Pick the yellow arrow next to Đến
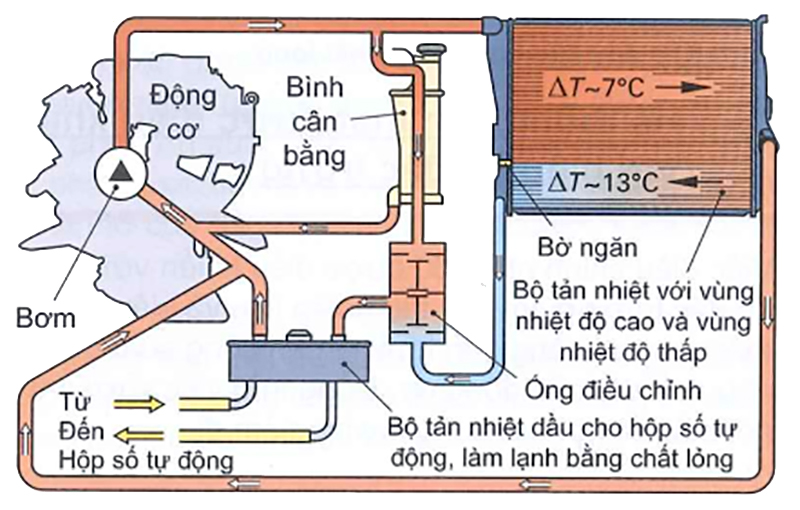pos(137,434)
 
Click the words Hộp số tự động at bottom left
pos(146,461)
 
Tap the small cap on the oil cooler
pos(300,337)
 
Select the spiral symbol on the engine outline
pos(252,99)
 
